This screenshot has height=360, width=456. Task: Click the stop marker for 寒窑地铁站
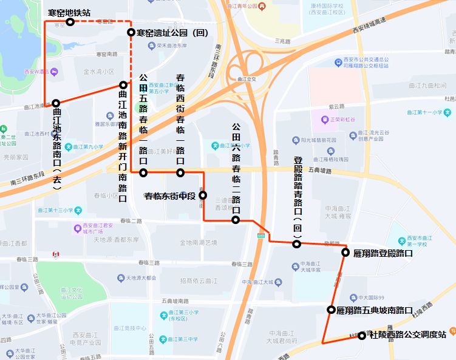70,22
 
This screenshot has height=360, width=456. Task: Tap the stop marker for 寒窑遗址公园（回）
131,32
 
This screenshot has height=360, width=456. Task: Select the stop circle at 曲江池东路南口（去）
56,103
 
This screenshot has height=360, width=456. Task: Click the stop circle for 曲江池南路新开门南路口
123,85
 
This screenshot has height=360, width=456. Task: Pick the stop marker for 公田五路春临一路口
143,173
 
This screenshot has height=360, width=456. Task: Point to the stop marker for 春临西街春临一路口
180,173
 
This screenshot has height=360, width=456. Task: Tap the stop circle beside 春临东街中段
203,195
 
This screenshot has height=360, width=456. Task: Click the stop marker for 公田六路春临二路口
236,220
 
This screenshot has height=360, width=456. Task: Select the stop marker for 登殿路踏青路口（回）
297,244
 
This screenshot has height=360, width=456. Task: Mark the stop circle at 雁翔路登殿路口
345,253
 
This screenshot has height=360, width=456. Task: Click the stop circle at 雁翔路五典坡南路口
331,310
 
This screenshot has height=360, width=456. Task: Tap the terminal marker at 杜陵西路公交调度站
362,335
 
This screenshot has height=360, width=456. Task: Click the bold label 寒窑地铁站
70,12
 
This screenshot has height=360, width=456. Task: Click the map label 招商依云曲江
199,280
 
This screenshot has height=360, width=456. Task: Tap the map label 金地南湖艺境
198,242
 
